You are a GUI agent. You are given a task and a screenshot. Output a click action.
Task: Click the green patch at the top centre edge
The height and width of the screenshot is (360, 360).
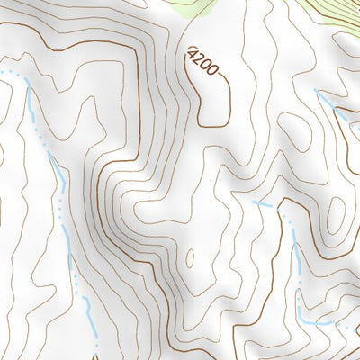[193, 7]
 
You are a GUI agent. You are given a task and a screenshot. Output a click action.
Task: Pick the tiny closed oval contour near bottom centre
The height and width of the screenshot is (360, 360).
[189, 258]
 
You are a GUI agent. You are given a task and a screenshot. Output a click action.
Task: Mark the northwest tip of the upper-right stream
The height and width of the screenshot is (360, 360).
[316, 91]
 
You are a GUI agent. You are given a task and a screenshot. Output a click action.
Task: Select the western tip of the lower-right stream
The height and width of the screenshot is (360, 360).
[253, 202]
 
